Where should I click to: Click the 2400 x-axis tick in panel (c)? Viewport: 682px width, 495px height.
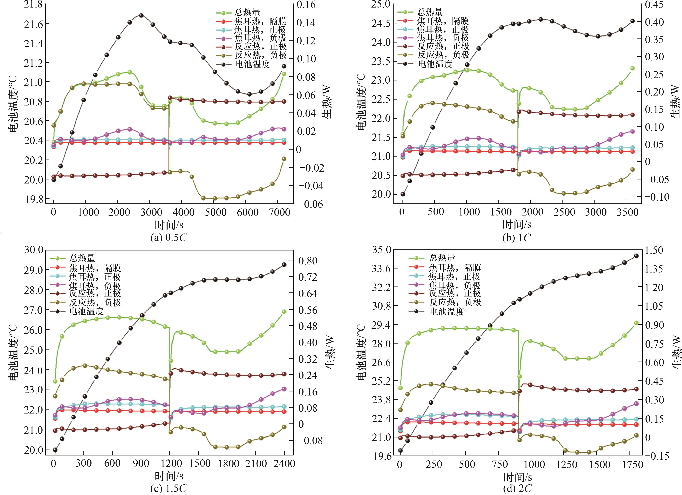(x=284, y=463)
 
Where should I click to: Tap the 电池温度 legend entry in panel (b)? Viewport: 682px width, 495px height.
(x=435, y=64)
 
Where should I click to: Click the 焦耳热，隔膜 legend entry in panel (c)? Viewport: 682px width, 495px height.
(x=95, y=268)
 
